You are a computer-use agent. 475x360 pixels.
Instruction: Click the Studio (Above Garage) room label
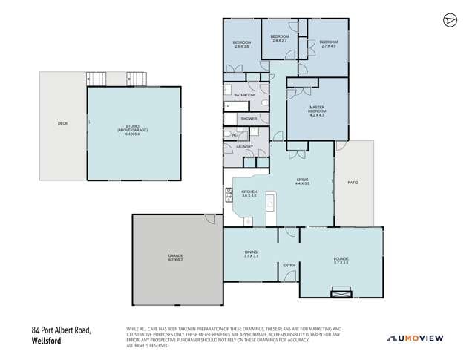(134, 131)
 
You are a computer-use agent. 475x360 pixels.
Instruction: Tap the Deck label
(63, 124)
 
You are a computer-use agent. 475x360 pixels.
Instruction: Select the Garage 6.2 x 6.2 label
(175, 259)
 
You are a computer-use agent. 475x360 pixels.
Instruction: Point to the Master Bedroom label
(318, 111)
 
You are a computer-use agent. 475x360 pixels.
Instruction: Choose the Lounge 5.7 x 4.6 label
(341, 261)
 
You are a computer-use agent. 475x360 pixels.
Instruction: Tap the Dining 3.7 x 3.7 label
(251, 254)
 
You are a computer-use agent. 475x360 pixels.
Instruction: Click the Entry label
(289, 266)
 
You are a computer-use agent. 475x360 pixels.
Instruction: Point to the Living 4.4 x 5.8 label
(302, 180)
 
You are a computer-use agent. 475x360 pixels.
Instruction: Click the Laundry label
(245, 147)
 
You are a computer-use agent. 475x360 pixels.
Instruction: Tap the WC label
(235, 134)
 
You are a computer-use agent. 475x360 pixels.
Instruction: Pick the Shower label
(248, 119)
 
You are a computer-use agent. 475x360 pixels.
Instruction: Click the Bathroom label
(245, 96)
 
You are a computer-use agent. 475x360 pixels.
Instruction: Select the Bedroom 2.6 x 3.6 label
(242, 45)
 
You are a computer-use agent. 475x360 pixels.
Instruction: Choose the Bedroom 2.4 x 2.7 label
(279, 39)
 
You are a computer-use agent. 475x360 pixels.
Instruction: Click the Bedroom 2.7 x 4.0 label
(328, 44)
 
